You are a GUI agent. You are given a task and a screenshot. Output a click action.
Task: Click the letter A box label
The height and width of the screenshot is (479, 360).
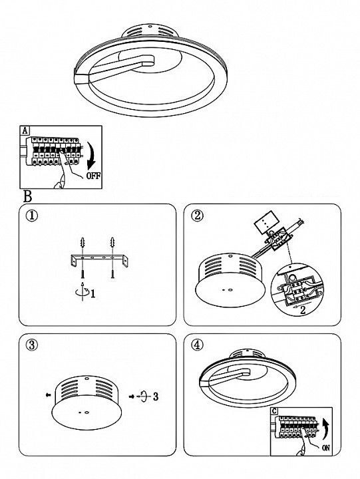(x=25, y=130)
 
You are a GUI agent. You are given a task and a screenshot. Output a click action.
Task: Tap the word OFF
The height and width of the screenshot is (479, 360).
(x=94, y=176)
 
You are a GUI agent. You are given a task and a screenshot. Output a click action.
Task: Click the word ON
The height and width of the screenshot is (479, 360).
(x=326, y=448)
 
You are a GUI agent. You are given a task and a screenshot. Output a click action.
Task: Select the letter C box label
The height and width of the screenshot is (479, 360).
(x=274, y=411)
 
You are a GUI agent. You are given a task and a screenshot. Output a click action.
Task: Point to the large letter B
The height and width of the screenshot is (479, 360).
(x=27, y=196)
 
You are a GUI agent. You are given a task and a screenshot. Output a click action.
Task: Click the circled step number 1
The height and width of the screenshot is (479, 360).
(x=32, y=216)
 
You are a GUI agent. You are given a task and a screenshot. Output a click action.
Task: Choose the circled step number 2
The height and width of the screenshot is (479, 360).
(x=197, y=216)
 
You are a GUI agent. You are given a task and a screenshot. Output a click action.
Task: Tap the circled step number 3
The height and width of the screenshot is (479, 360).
(x=32, y=345)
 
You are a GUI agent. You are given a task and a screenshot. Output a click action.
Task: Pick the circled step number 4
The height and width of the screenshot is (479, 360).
(x=197, y=345)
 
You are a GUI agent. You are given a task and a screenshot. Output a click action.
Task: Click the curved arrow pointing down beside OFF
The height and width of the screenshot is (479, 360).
(x=91, y=156)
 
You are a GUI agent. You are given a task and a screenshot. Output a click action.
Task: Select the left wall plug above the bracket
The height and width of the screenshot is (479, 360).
(x=82, y=243)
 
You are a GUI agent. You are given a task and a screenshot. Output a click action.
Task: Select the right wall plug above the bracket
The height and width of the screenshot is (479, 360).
(x=112, y=243)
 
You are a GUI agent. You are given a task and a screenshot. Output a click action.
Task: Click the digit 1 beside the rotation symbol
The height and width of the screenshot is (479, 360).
(x=93, y=294)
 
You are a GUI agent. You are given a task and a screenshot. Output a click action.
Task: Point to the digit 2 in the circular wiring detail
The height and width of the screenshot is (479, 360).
(x=303, y=310)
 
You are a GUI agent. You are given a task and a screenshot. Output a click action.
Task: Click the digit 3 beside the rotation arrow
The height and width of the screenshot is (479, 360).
(x=156, y=397)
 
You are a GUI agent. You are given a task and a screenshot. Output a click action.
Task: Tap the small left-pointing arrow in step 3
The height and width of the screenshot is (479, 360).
(x=48, y=395)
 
